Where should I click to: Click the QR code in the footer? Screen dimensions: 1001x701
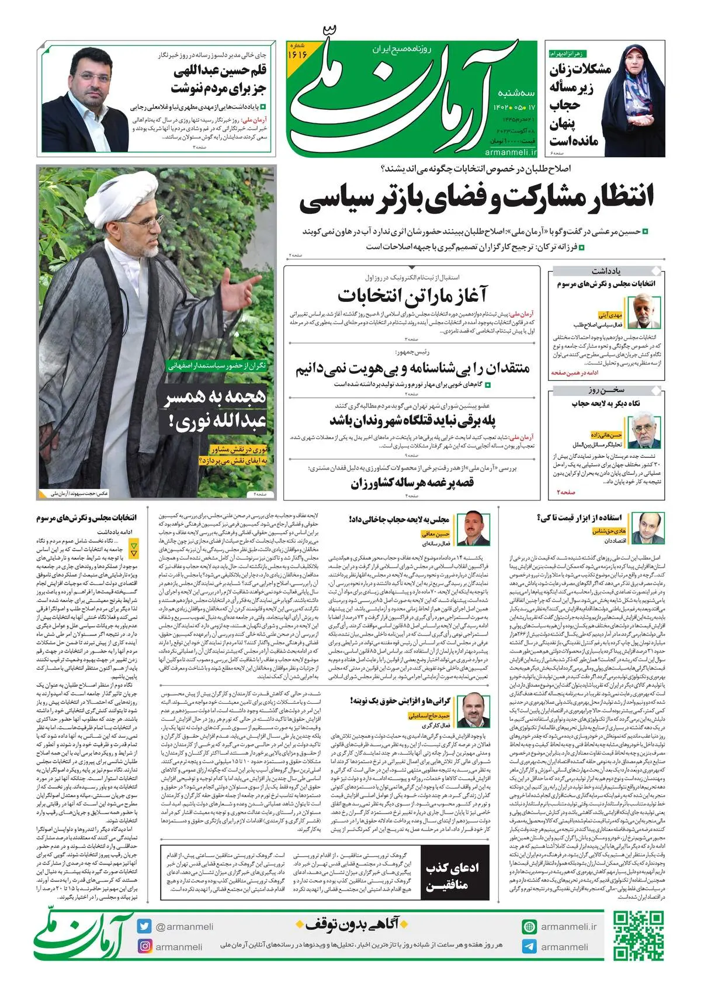[637, 936]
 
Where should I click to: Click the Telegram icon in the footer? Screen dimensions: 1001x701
[529, 947]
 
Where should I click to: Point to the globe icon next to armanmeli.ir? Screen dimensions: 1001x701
[529, 927]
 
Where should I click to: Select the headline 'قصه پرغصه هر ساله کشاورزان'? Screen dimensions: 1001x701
[412, 483]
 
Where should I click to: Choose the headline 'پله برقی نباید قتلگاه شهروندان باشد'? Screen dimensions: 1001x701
[412, 420]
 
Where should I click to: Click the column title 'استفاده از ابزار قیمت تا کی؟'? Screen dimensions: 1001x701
[579, 517]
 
